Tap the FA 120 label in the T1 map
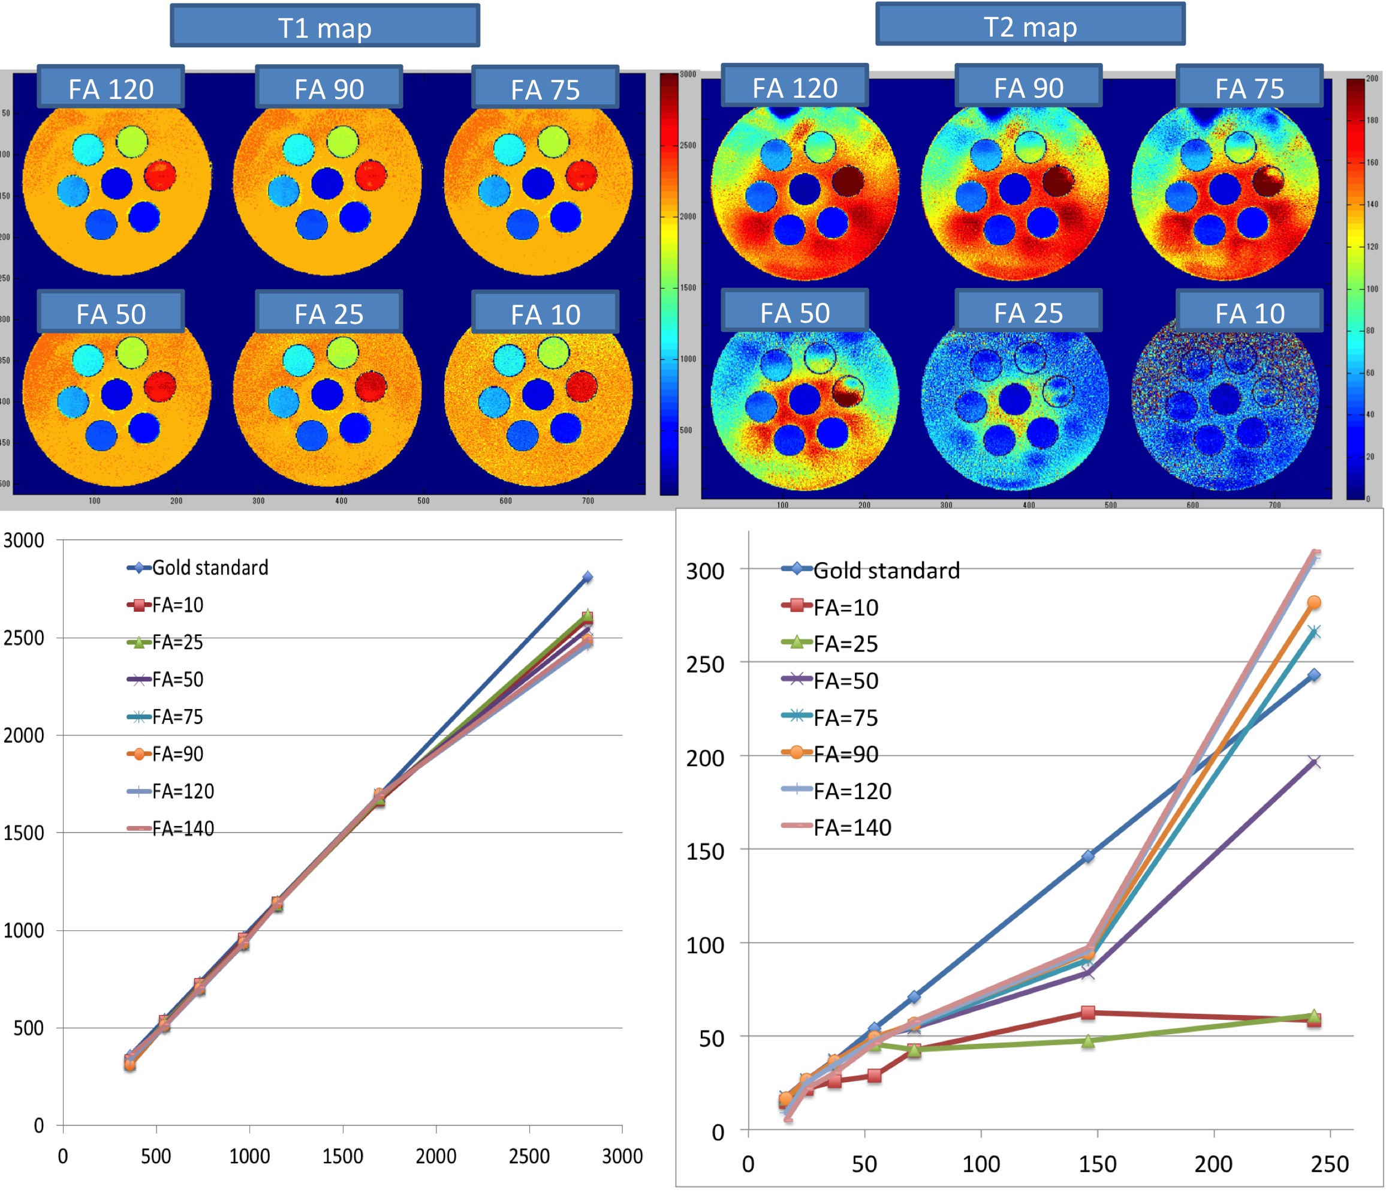[111, 88]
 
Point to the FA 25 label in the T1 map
[329, 313]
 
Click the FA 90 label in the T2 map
[1028, 87]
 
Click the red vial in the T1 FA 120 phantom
[159, 175]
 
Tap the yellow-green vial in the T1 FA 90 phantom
[342, 142]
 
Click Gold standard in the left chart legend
[209, 568]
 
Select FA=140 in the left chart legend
[182, 828]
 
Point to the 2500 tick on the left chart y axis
[23, 638]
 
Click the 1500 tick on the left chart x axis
[342, 1156]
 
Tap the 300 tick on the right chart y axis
[704, 572]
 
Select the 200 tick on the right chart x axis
[1213, 1164]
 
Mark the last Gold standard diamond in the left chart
[587, 577]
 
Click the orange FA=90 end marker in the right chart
[1314, 602]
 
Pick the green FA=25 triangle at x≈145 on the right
[1088, 1040]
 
